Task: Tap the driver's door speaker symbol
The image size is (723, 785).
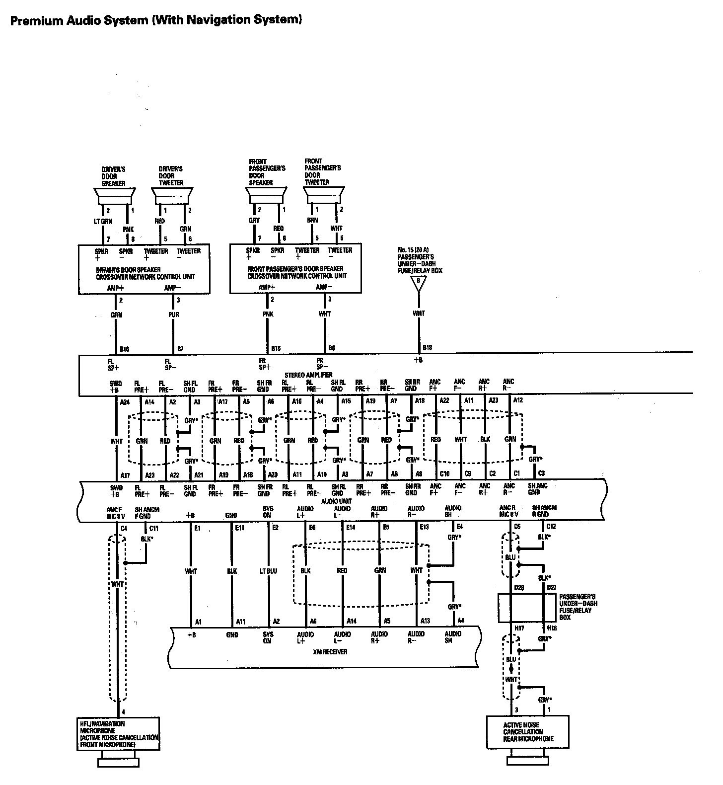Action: [115, 195]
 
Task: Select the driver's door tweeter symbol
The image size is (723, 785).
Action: [172, 195]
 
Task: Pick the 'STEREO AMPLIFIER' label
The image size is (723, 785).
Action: [308, 375]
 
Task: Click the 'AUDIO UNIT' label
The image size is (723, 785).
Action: [336, 501]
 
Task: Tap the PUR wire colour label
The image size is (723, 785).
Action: [174, 314]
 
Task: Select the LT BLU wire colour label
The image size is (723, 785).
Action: [268, 571]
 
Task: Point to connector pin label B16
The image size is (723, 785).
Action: [125, 349]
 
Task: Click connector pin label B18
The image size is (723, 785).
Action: [427, 347]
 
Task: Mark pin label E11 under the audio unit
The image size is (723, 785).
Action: [240, 528]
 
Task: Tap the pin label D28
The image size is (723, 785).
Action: [519, 588]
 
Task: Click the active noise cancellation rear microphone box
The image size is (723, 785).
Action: [527, 732]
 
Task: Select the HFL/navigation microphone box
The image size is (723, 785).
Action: [119, 734]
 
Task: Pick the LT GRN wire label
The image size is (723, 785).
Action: [103, 222]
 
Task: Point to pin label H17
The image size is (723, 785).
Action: [519, 628]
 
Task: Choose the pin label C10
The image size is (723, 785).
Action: [444, 474]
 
